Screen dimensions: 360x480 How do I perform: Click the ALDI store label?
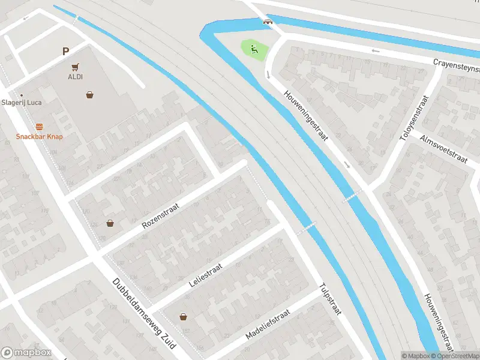[76, 77]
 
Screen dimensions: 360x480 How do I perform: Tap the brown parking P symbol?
[65, 52]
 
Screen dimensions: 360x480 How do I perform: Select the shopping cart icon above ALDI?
[76, 67]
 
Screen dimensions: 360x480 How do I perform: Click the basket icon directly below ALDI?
[89, 94]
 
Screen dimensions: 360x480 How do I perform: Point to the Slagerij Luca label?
[22, 102]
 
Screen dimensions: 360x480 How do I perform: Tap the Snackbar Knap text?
[40, 136]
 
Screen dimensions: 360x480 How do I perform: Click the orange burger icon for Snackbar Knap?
[40, 126]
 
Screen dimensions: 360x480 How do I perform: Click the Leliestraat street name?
[206, 274]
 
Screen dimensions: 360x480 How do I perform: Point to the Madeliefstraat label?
[268, 325]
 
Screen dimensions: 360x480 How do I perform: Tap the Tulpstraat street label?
[331, 298]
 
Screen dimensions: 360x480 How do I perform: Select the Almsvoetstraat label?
[444, 149]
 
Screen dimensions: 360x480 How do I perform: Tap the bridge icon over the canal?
[267, 23]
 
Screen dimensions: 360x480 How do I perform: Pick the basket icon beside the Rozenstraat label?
[110, 223]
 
